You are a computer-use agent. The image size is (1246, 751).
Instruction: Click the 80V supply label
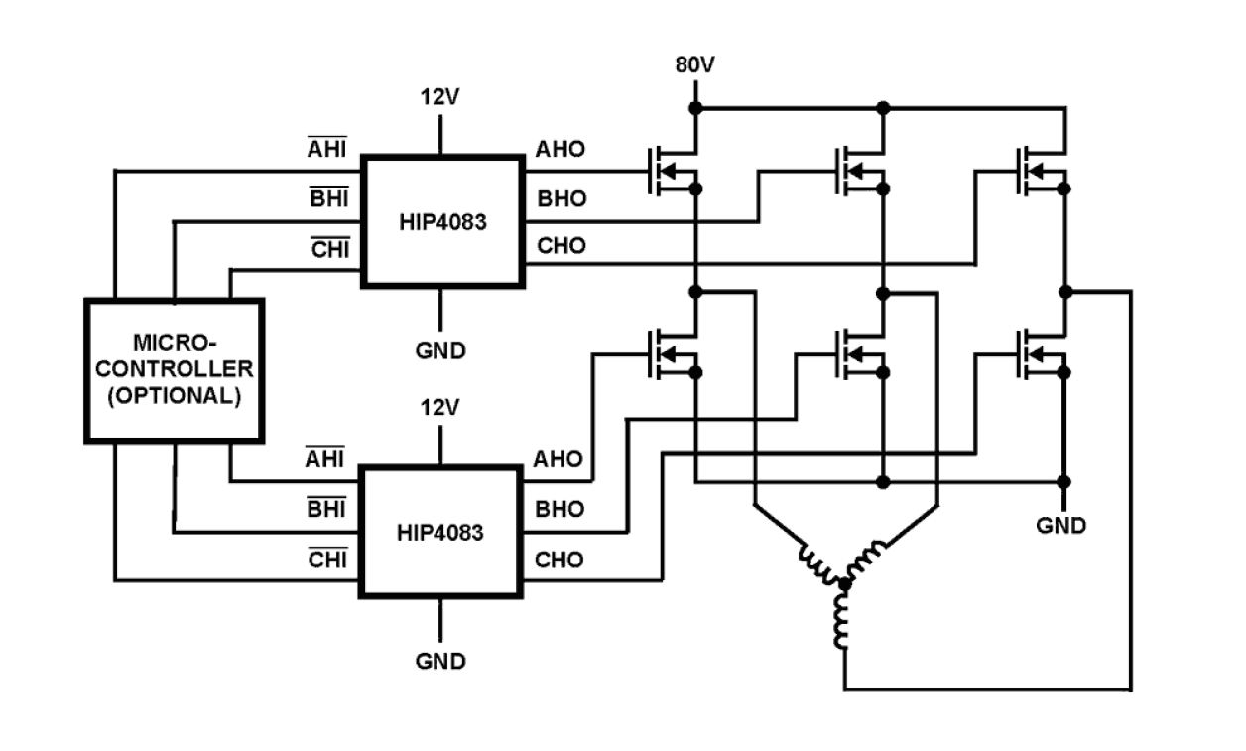695,66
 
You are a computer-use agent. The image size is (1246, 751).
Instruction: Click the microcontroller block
174,370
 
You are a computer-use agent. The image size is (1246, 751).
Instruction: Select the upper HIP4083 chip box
441,221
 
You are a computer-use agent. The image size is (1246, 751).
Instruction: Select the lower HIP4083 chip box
441,532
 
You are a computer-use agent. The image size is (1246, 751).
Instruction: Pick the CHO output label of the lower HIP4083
561,560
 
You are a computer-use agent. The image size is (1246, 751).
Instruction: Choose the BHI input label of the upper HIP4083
328,199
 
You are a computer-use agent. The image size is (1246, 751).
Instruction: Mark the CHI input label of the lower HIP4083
327,560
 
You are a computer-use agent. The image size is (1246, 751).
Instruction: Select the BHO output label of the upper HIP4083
561,199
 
